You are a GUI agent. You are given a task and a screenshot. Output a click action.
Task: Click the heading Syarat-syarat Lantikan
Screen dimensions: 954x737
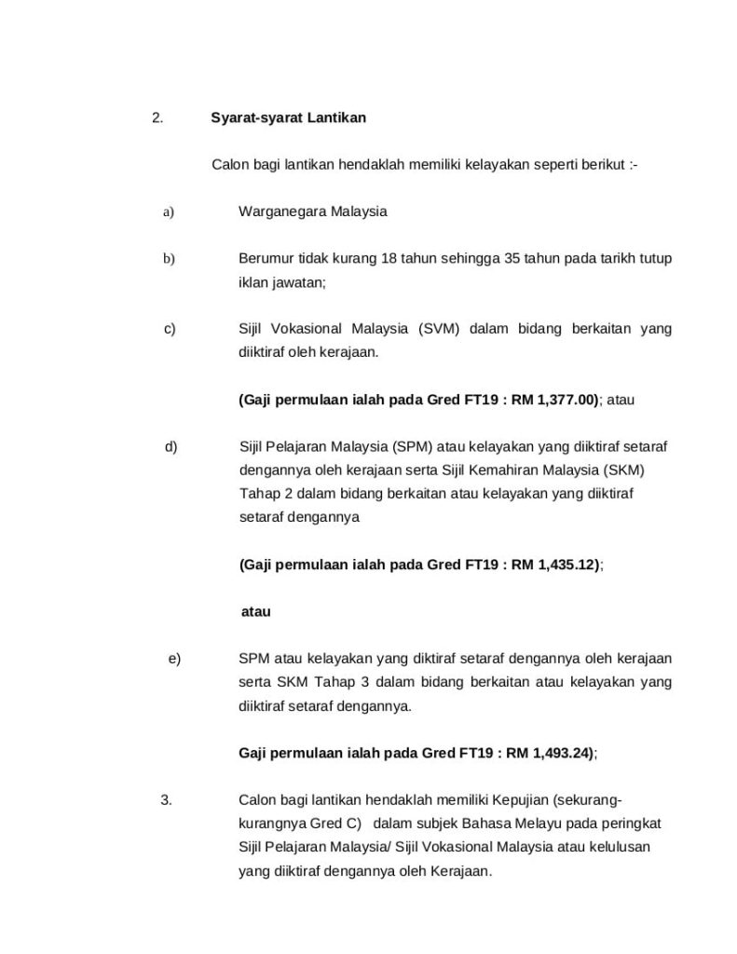288,118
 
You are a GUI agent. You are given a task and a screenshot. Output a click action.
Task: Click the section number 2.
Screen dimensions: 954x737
157,118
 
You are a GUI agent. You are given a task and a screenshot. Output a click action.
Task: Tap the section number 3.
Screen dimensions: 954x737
166,799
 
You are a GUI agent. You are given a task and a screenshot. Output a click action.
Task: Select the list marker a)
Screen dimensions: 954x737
169,211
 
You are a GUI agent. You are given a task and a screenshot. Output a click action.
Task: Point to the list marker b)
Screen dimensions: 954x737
169,258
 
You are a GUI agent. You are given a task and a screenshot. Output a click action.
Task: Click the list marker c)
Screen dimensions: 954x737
170,329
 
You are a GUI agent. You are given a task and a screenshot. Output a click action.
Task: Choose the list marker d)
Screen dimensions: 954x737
171,446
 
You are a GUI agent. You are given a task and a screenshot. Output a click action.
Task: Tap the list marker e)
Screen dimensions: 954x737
174,659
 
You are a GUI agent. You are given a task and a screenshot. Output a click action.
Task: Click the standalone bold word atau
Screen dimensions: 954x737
255,612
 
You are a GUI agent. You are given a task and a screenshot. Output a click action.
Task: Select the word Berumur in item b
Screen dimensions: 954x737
265,258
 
